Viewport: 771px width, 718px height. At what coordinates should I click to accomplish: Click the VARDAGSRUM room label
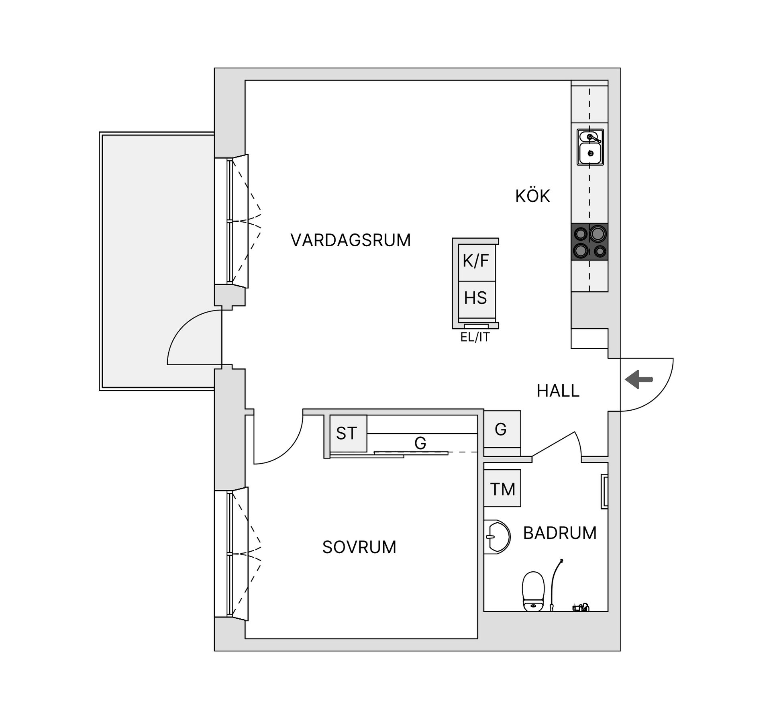coord(351,240)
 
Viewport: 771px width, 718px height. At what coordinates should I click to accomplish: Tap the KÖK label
coord(532,196)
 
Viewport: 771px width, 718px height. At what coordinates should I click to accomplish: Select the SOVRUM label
coord(359,547)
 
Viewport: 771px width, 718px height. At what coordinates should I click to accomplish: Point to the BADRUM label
coord(559,533)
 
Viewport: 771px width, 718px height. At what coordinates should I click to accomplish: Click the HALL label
coord(558,391)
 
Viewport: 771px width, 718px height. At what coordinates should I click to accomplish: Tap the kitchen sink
coord(590,147)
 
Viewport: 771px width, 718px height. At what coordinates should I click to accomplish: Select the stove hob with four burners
coord(589,242)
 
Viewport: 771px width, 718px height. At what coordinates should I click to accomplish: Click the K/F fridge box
coord(476,262)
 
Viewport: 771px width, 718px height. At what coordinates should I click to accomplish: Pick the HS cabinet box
coord(476,299)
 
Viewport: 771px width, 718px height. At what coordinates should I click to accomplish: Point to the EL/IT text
coord(475,338)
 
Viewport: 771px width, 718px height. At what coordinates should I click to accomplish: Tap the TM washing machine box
coord(502,489)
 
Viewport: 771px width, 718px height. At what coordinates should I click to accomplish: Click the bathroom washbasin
coord(497,537)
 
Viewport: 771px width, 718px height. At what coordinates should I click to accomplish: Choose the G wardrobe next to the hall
coord(501,429)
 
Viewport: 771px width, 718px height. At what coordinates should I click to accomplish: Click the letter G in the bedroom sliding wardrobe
coord(420,443)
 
